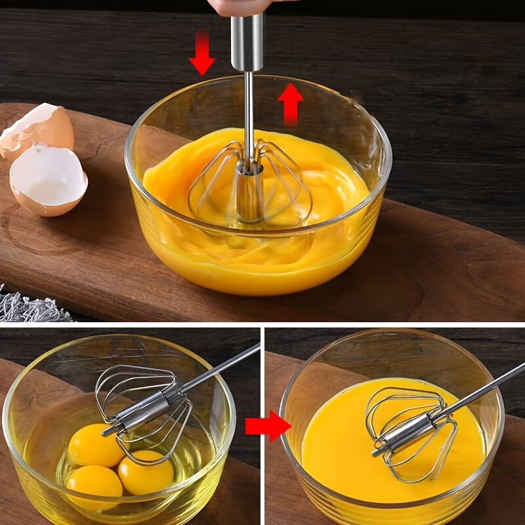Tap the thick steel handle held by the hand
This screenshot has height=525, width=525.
pos(247,42)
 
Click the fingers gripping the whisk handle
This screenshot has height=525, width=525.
pos(243,7)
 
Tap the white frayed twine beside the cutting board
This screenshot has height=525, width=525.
pos(33,307)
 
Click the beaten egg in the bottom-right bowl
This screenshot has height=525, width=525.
pos(335,446)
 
